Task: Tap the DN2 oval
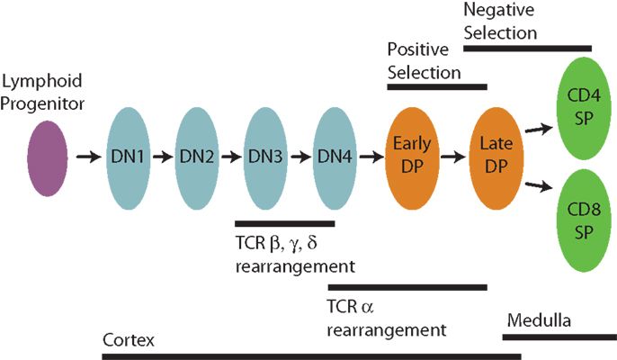[x=198, y=157]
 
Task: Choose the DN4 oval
[x=335, y=157]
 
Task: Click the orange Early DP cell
[x=411, y=156]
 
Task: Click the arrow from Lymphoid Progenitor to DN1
[x=88, y=157]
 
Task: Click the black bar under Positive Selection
[x=436, y=87]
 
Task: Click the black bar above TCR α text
[x=407, y=287]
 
